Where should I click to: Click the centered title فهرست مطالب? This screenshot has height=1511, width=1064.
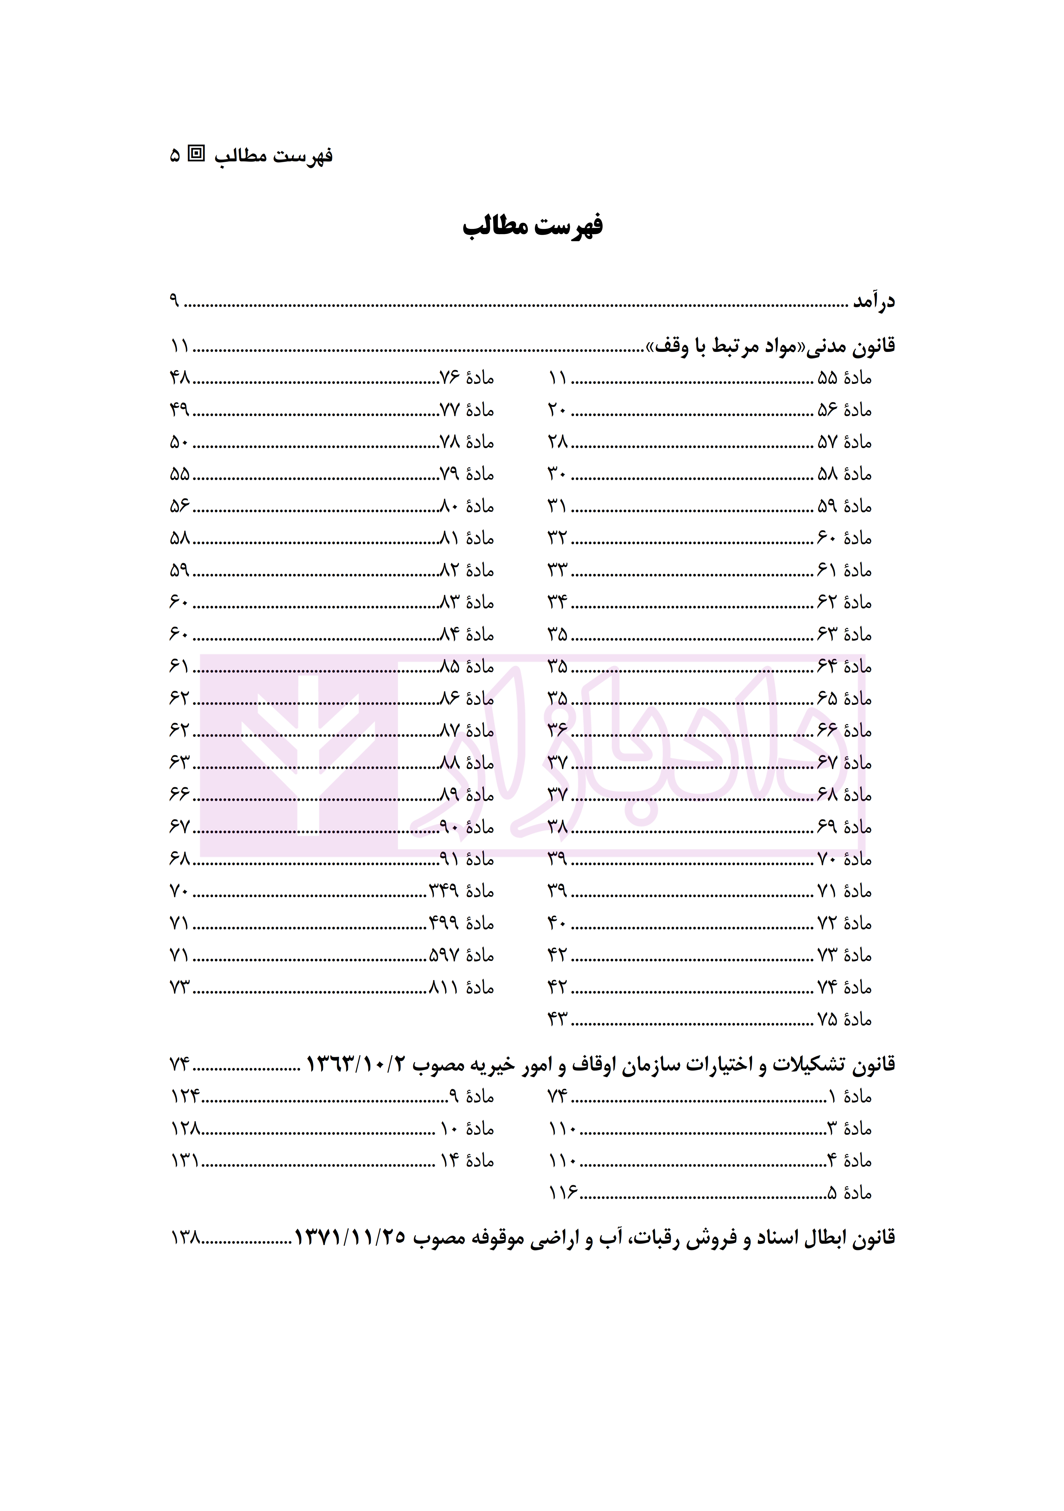coord(532,226)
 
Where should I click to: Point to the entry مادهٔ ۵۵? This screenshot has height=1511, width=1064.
coord(844,379)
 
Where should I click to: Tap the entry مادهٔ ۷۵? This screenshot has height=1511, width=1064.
coord(844,1019)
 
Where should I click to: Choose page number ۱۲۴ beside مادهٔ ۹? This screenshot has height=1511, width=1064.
coord(185,1096)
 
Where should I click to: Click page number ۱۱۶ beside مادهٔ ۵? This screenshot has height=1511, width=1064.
coord(563,1193)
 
